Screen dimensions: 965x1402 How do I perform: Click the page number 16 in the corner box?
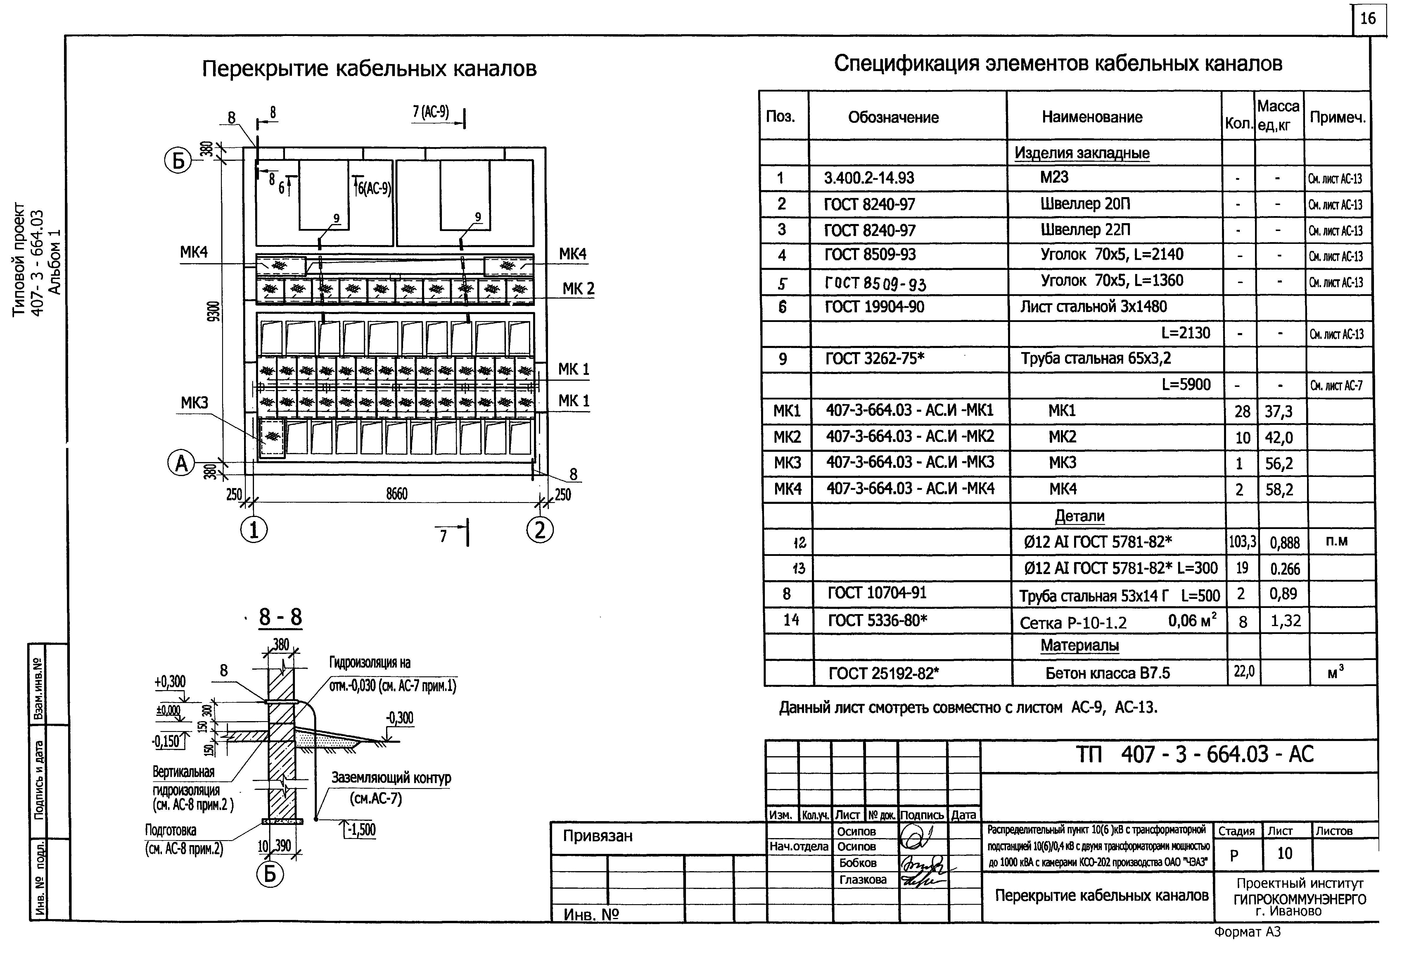click(1368, 19)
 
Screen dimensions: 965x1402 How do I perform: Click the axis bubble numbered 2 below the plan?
click(540, 530)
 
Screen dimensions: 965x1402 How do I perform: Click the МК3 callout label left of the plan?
click(194, 403)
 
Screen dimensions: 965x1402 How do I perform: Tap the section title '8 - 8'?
click(280, 617)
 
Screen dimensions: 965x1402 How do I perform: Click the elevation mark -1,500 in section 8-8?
click(361, 830)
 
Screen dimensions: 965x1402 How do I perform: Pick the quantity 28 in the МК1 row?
click(1242, 412)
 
